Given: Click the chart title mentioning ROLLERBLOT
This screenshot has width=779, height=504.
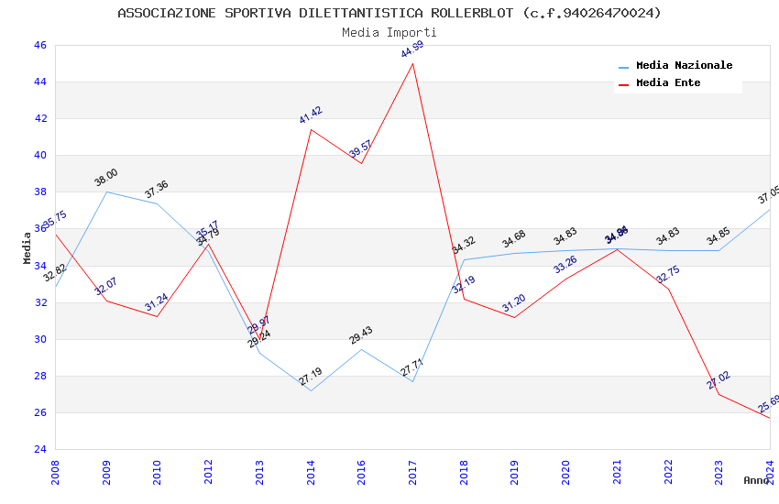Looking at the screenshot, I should pos(389,13).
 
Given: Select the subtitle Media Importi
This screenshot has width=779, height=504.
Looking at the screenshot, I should pos(389,32).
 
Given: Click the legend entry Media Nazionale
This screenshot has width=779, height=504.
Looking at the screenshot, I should pos(684,66).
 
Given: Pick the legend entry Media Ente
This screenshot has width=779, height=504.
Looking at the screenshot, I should pos(668,82).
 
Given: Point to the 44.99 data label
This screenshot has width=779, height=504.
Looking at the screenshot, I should pos(412,49).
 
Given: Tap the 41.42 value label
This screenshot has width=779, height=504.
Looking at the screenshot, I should pos(311,115).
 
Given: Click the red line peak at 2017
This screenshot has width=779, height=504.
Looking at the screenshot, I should pos(413,63).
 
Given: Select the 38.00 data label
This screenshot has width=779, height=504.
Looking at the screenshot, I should pos(106,178).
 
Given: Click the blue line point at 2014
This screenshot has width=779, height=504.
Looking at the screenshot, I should pos(311,391).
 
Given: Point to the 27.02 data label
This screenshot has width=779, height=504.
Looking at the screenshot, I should pos(719,380).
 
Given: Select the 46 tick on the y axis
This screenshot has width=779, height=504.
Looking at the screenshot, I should pos(39,45).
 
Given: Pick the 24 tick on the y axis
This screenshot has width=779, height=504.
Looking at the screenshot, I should pos(39,449).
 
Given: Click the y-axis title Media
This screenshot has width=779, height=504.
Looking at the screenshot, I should pos(27,247).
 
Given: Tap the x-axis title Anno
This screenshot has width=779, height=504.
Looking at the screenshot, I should pos(756,480).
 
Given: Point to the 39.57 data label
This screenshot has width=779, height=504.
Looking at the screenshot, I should pos(360,150).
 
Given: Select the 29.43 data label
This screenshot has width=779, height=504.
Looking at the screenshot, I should pos(361,335).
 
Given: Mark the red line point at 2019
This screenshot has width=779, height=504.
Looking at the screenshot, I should pos(515,317).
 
